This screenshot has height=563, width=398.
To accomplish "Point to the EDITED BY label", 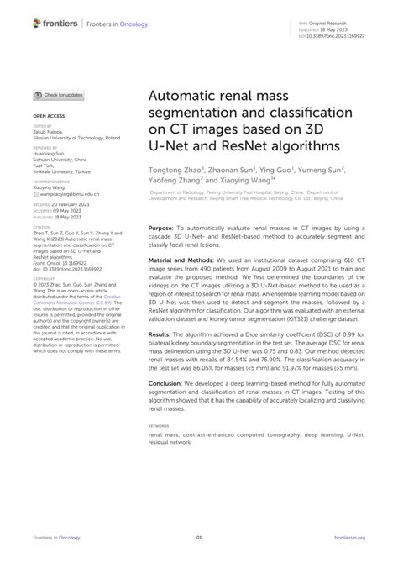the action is (42, 125).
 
